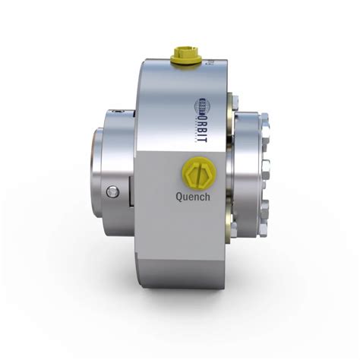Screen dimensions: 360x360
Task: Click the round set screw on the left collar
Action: (114, 190)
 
